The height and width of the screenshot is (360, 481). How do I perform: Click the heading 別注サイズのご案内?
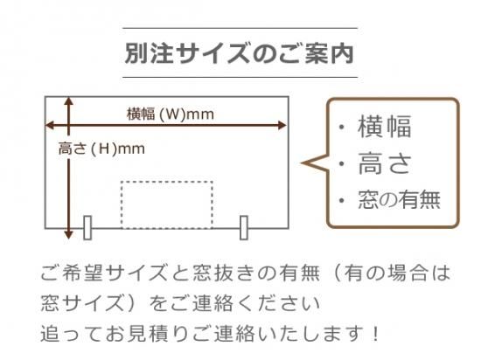240,52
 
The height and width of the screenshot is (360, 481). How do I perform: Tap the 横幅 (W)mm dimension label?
171,114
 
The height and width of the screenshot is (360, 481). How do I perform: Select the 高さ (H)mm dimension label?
101,149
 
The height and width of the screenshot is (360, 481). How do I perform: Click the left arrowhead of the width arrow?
49,125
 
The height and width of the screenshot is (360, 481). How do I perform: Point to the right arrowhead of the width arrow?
282,125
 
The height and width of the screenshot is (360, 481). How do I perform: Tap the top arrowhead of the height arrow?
69,101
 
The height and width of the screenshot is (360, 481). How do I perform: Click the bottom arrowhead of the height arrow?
69,235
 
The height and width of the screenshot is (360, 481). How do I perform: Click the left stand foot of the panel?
87,228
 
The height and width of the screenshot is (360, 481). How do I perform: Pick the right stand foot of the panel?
244,228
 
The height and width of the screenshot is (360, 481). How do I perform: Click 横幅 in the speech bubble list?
385,126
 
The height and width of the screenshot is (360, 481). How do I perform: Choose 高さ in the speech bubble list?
385,163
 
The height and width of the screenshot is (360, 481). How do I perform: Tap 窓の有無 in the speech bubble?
400,200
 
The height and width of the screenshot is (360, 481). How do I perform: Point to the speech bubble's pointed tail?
303,163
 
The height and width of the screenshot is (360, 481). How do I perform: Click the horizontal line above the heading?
240,28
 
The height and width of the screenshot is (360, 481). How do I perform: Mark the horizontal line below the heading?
240,77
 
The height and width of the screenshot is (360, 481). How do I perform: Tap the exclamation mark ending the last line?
374,333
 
